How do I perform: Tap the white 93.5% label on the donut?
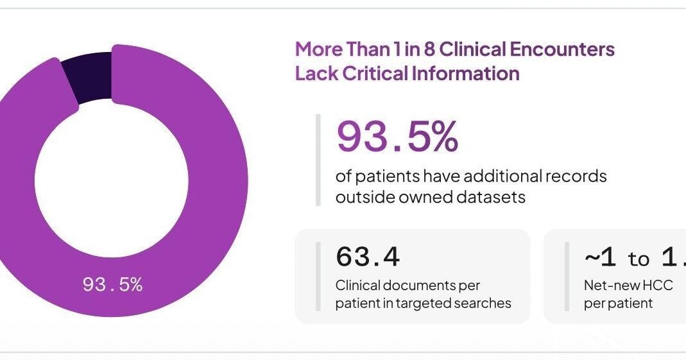[x=112, y=285]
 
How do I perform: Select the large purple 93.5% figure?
[x=397, y=137]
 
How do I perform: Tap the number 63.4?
[x=368, y=257]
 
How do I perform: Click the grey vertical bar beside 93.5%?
[x=318, y=160]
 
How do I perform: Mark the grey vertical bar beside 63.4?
[x=318, y=277]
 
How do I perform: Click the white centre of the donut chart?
[x=112, y=180]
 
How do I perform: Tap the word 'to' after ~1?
[x=639, y=259]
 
